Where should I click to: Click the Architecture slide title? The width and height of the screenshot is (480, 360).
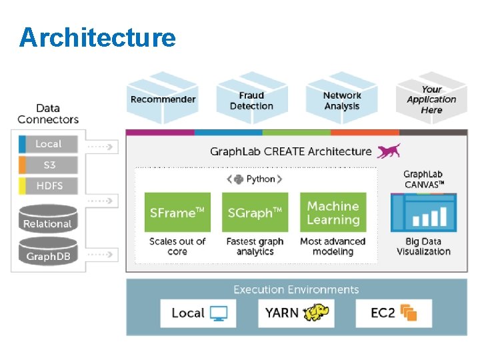coord(97,37)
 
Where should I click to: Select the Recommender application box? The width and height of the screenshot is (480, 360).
coord(163,98)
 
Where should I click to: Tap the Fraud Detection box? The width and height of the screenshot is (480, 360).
coord(252,98)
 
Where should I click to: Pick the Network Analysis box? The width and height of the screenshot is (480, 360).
coord(341,98)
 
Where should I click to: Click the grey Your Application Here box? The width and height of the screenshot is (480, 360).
coord(431,98)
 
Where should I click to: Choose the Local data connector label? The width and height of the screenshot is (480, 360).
coord(48,144)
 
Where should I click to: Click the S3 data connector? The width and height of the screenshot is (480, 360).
coord(48,165)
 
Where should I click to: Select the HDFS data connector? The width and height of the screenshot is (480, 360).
coord(48,186)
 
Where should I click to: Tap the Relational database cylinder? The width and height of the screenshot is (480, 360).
coord(48,219)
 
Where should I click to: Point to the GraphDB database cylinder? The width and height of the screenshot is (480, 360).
coord(48,251)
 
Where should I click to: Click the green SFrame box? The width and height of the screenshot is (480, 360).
coord(177,212)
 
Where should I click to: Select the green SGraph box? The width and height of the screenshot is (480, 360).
coord(255,212)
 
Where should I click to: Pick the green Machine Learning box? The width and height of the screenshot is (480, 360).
coord(333,212)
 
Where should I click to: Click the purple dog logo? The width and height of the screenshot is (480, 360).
coord(389,151)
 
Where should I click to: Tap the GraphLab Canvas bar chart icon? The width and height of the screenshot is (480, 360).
coord(424,213)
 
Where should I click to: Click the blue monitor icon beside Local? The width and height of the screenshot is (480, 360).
coord(219,313)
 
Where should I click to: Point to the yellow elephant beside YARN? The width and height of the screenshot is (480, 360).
coord(316,312)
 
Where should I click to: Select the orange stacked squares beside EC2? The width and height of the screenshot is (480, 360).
coord(409,313)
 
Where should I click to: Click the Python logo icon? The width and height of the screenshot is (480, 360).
coord(239,179)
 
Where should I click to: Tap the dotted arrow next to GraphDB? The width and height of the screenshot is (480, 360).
coord(100,255)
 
